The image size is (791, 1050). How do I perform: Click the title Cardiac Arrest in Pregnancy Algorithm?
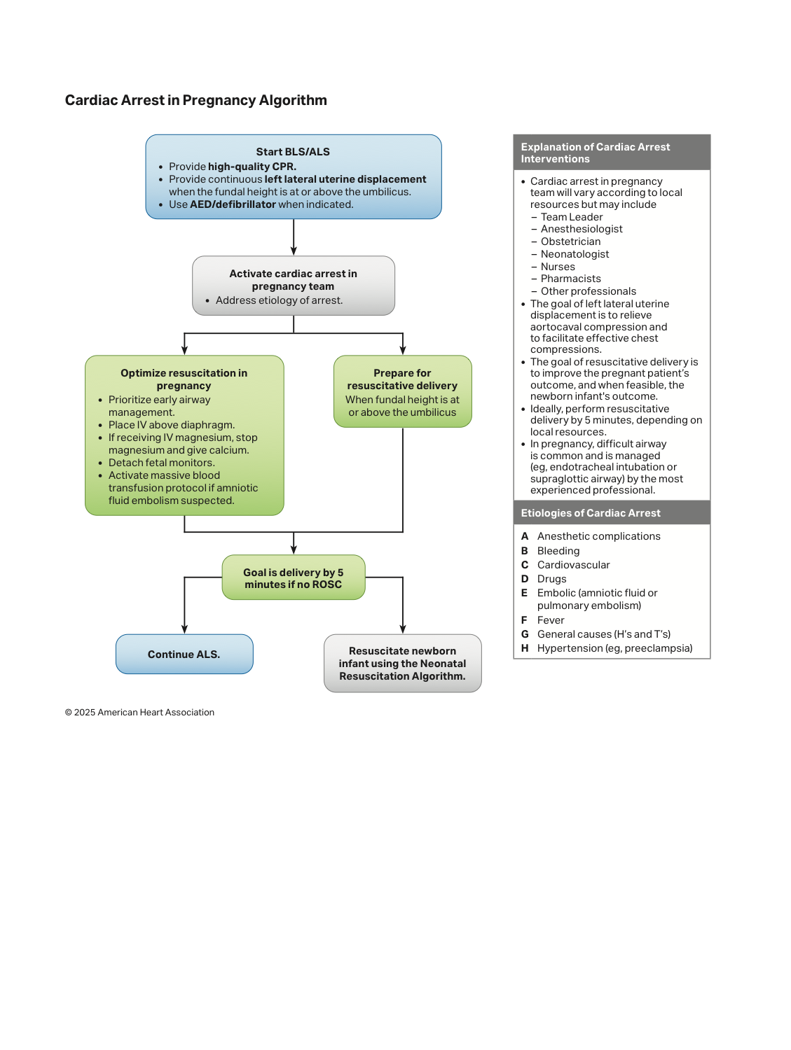[196, 100]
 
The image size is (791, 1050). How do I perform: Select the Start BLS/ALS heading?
[293, 152]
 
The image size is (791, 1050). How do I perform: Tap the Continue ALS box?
[184, 654]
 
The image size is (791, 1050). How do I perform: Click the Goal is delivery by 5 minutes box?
[294, 577]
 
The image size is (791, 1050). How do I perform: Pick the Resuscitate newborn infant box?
[403, 663]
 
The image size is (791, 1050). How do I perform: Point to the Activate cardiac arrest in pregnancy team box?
[294, 286]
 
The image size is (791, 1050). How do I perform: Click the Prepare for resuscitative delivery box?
[403, 391]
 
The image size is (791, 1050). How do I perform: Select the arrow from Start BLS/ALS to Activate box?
[294, 237]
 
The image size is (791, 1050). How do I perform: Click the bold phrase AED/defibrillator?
[233, 204]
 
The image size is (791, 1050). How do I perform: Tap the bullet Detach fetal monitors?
[161, 463]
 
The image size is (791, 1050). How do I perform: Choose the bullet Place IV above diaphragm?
[172, 425]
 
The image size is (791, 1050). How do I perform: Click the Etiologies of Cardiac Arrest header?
[591, 513]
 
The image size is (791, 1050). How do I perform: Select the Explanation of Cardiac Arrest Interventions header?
[595, 153]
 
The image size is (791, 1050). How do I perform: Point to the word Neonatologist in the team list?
[575, 254]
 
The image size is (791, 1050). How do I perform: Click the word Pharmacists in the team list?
[570, 279]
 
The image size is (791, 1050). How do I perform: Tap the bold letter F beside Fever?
[524, 620]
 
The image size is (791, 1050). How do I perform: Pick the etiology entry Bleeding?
[558, 551]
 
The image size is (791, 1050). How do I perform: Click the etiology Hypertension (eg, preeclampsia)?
[615, 648]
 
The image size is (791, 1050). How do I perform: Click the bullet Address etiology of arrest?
[279, 300]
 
